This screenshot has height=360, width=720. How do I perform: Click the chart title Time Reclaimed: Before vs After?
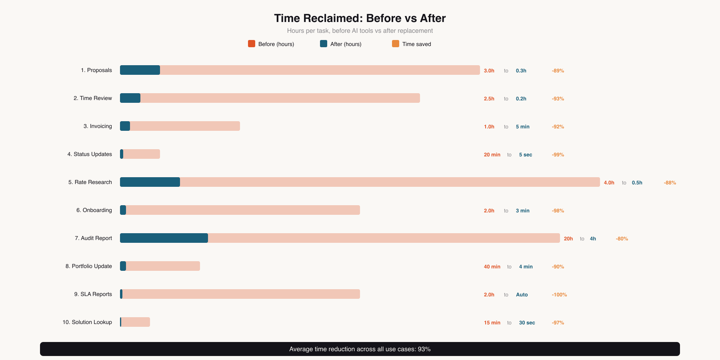[360, 18]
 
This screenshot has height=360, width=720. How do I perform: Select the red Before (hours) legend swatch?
[252, 44]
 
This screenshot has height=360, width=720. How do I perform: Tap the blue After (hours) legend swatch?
[324, 44]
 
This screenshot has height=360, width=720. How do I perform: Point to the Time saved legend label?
[416, 44]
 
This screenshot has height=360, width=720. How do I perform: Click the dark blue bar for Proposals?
[140, 70]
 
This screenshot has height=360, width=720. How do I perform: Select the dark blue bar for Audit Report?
[164, 238]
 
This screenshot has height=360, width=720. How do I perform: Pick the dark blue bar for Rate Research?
[150, 182]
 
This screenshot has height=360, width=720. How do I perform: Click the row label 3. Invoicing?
[98, 126]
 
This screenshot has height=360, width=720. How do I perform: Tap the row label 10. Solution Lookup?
[87, 322]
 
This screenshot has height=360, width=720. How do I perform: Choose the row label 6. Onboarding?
[94, 210]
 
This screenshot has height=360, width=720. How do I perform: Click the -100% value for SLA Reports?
[559, 295]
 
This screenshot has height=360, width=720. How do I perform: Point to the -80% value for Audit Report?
[622, 239]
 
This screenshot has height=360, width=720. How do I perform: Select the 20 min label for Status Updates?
[492, 155]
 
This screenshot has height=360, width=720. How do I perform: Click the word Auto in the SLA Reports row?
[522, 295]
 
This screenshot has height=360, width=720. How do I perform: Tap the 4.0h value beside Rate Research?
[609, 183]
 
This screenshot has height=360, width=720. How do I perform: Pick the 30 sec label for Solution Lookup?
[527, 323]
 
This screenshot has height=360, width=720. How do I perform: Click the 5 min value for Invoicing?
[522, 127]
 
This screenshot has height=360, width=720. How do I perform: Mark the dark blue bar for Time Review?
[130, 98]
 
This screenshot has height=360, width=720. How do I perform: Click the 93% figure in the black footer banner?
[424, 349]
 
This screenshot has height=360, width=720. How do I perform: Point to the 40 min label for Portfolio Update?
[492, 267]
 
